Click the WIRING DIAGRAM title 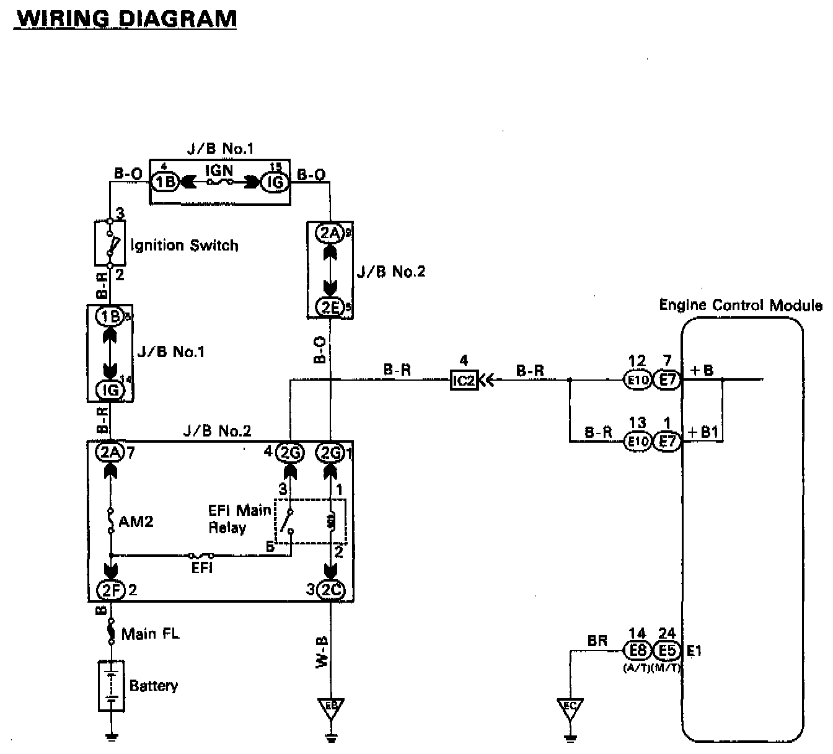click(x=126, y=18)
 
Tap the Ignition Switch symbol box click(x=110, y=243)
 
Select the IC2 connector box click(x=464, y=380)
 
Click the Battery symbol click(x=112, y=686)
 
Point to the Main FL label click(x=150, y=634)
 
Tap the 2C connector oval click(x=330, y=590)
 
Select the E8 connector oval click(x=637, y=650)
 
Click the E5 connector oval click(x=668, y=650)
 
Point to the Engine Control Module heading click(x=740, y=305)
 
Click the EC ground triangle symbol click(x=570, y=707)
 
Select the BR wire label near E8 click(x=597, y=641)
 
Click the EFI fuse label click(x=202, y=567)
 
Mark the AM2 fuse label click(x=136, y=521)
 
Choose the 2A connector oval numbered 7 click(x=110, y=453)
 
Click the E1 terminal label click(x=694, y=650)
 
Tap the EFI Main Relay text click(x=239, y=519)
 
